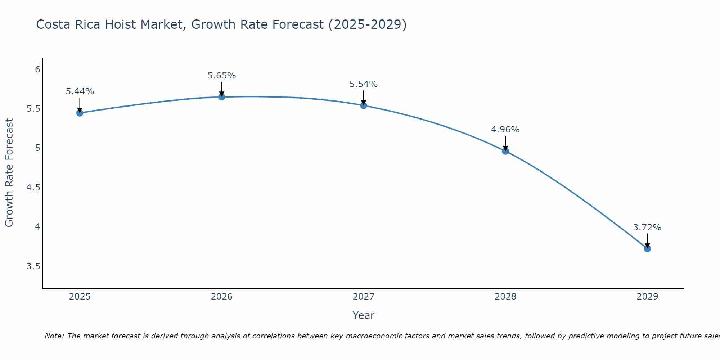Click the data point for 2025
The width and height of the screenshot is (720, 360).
pos(80,113)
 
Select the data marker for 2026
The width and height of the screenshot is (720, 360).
pos(221,97)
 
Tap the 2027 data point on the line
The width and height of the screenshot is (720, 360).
pos(363,105)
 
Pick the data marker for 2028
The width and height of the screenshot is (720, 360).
pos(505,151)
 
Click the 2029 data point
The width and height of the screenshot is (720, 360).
pos(647,248)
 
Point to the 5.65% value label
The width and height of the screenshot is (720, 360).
pos(221,76)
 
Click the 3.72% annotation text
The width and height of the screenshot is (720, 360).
pos(647,228)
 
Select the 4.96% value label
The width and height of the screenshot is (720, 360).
pos(505,130)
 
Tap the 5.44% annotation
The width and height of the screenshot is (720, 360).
pos(80,91)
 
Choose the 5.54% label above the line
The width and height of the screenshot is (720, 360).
pos(363,84)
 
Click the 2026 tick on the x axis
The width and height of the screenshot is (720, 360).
pos(221,297)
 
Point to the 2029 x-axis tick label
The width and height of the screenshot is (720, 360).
pos(647,297)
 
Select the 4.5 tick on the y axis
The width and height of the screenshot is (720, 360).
pos(33,188)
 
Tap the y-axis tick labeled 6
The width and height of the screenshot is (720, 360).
pos(37,69)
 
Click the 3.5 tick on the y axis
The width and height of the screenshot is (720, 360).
pos(33,266)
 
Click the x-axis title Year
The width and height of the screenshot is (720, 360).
pos(363,315)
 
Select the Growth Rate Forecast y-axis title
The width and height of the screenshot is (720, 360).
pos(9,173)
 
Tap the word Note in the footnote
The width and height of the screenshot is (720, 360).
pos(54,336)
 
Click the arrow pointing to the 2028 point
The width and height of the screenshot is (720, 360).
pos(505,143)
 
